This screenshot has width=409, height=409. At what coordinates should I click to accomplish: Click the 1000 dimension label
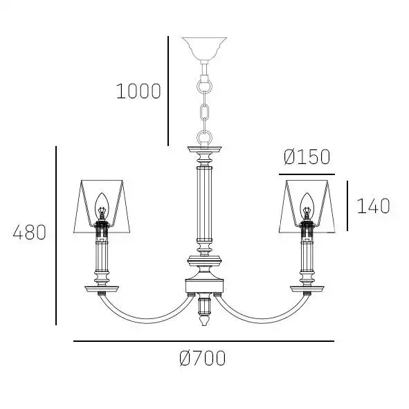(138, 91)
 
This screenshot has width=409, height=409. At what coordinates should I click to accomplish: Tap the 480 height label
(30, 233)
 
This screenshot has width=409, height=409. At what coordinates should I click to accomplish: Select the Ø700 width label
(203, 358)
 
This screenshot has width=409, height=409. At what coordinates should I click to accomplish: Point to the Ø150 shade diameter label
(307, 157)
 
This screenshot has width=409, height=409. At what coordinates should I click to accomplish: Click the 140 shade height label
(373, 206)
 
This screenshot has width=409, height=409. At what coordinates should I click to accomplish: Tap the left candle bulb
(102, 206)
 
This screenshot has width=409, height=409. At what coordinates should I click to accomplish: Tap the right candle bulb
(307, 206)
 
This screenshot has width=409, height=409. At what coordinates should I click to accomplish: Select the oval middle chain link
(205, 111)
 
